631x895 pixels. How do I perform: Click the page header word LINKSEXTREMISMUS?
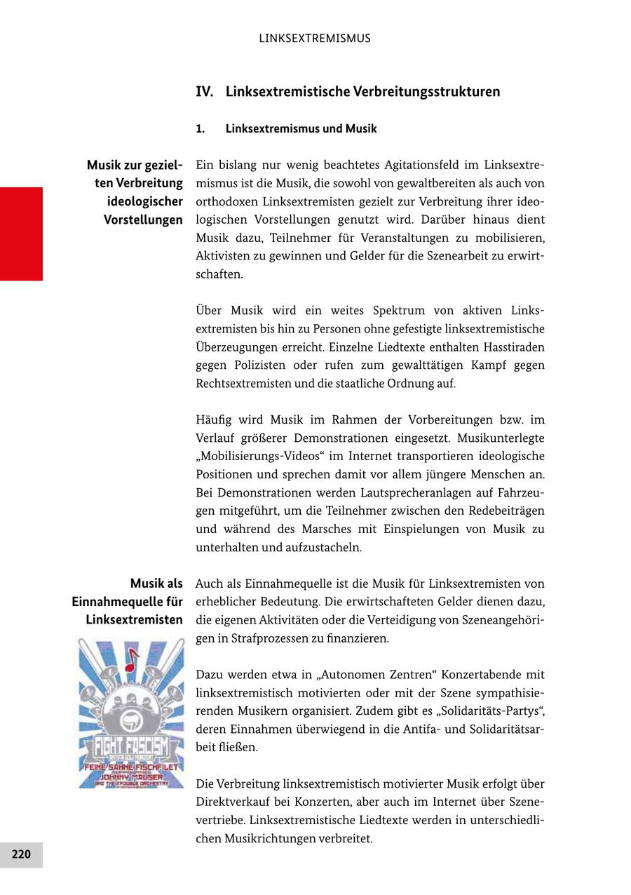click(x=315, y=39)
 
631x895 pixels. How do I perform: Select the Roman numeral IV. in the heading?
click(x=204, y=92)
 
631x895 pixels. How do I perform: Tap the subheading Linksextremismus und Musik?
click(x=301, y=129)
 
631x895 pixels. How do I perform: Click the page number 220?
click(x=21, y=854)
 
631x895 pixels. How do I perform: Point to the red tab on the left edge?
click(x=21, y=234)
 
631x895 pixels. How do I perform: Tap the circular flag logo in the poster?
click(x=132, y=720)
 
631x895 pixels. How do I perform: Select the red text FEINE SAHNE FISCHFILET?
click(x=132, y=767)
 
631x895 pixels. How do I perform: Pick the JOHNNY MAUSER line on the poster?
click(x=132, y=776)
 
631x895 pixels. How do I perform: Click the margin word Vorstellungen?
click(x=143, y=220)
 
